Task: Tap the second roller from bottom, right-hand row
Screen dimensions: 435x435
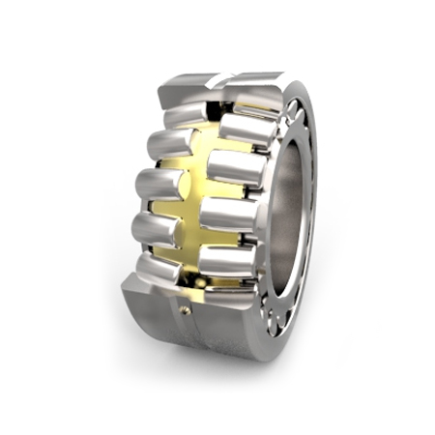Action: tap(229, 215)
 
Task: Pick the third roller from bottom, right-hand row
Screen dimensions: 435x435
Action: tap(237, 169)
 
